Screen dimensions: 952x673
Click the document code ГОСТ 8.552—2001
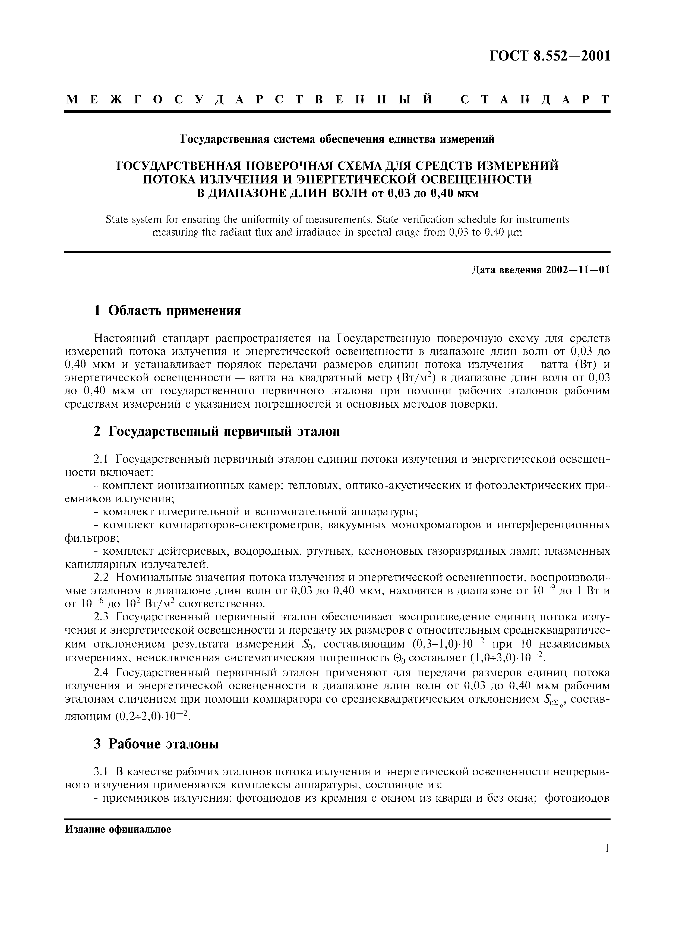pos(550,56)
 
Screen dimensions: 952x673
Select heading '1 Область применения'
pos(167,310)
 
